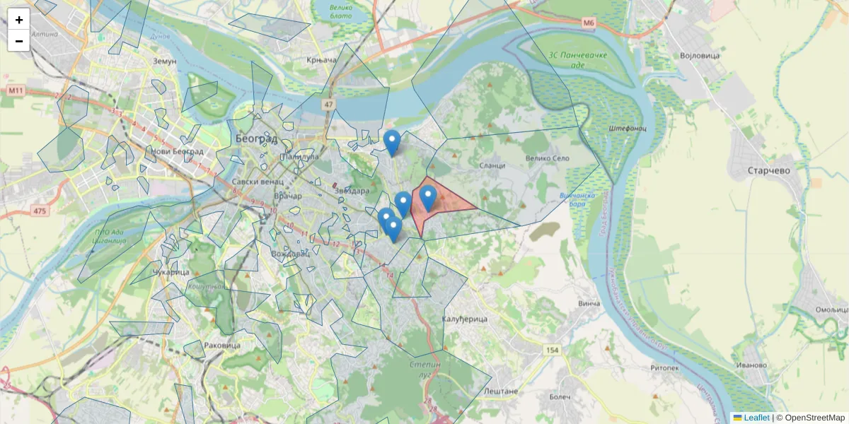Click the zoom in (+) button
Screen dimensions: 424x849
point(19,20)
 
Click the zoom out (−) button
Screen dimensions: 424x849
point(19,41)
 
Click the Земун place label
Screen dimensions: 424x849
point(164,61)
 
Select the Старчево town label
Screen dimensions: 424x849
point(768,170)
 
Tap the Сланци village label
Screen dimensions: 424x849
point(492,165)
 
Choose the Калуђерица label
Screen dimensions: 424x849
point(465,319)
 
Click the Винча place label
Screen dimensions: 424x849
point(589,304)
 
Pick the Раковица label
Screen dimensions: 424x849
point(221,346)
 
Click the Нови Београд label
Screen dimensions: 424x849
point(177,151)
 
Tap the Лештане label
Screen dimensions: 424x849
point(501,391)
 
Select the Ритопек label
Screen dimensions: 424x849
point(664,367)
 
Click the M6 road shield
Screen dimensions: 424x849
point(589,23)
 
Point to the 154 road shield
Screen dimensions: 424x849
point(552,351)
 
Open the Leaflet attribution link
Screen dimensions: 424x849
point(756,418)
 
